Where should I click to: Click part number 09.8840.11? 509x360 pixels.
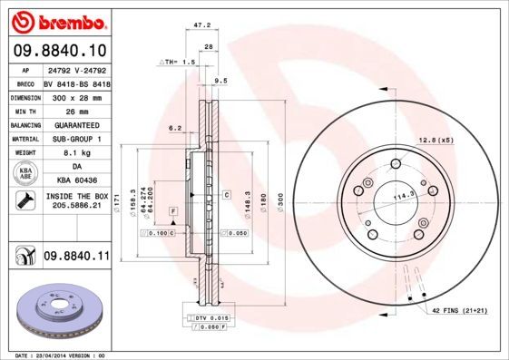point(76,258)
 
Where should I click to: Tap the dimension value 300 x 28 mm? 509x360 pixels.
point(76,95)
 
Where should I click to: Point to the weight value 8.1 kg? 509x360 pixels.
point(76,154)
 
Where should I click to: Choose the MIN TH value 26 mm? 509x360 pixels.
point(76,110)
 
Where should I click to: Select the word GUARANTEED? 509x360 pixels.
point(76,124)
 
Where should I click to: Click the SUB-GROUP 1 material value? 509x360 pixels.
point(76,139)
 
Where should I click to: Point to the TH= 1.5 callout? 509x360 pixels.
point(179,62)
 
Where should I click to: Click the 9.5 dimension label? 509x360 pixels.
point(220,81)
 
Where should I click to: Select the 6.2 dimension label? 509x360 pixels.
point(175,129)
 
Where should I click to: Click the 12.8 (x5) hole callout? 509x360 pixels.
point(435,139)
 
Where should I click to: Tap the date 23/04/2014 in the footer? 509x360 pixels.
point(54,356)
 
